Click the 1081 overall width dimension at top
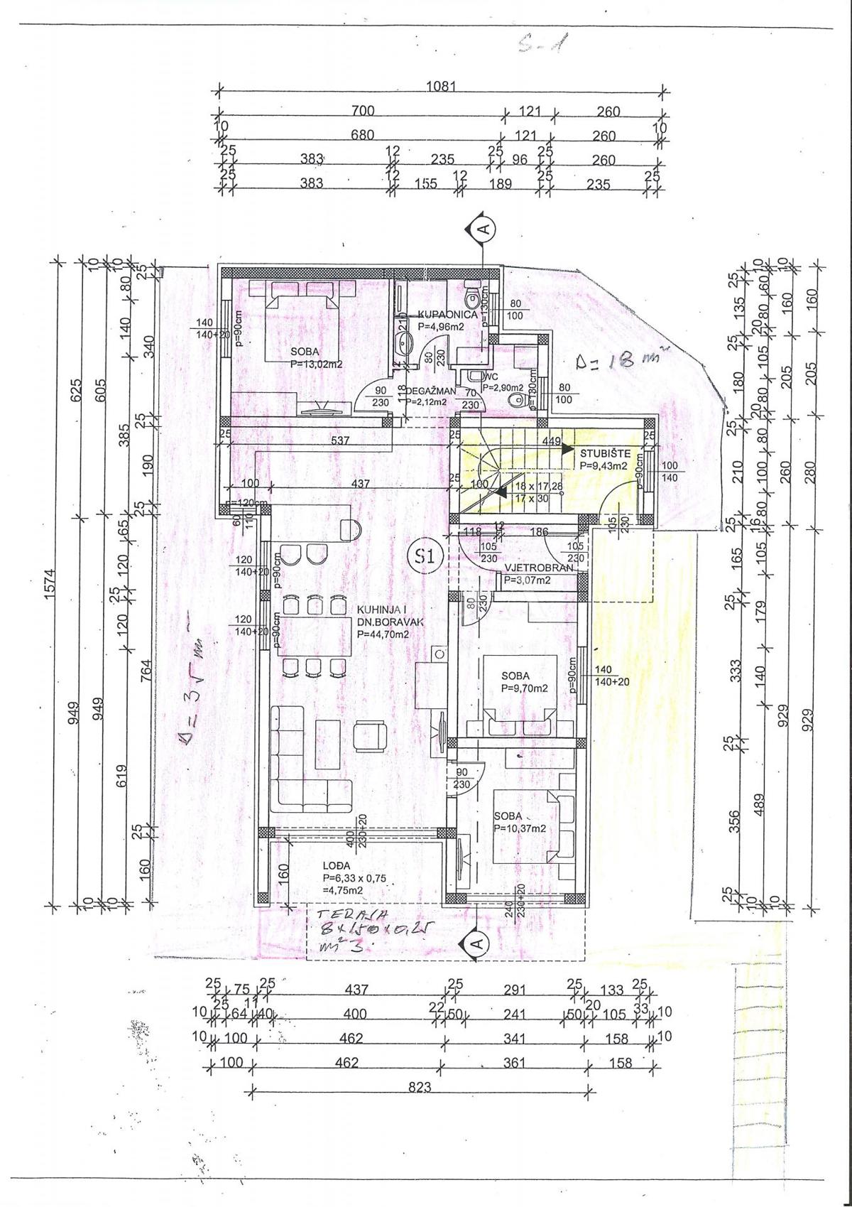(x=440, y=86)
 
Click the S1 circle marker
(x=425, y=557)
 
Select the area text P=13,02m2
(x=317, y=364)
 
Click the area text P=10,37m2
(x=519, y=828)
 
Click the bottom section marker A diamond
(x=476, y=942)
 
